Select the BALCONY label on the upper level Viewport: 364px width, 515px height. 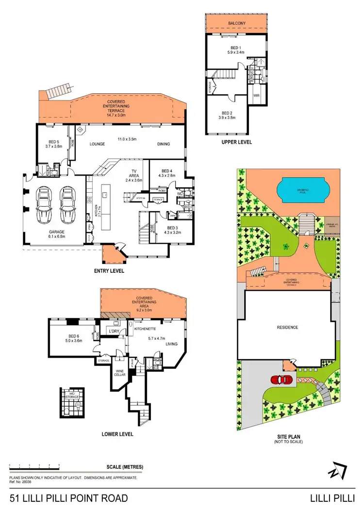pyautogui.click(x=236, y=23)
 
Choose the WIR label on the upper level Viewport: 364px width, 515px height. pyautogui.click(x=257, y=96)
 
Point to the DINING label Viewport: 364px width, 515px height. pyautogui.click(x=163, y=144)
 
